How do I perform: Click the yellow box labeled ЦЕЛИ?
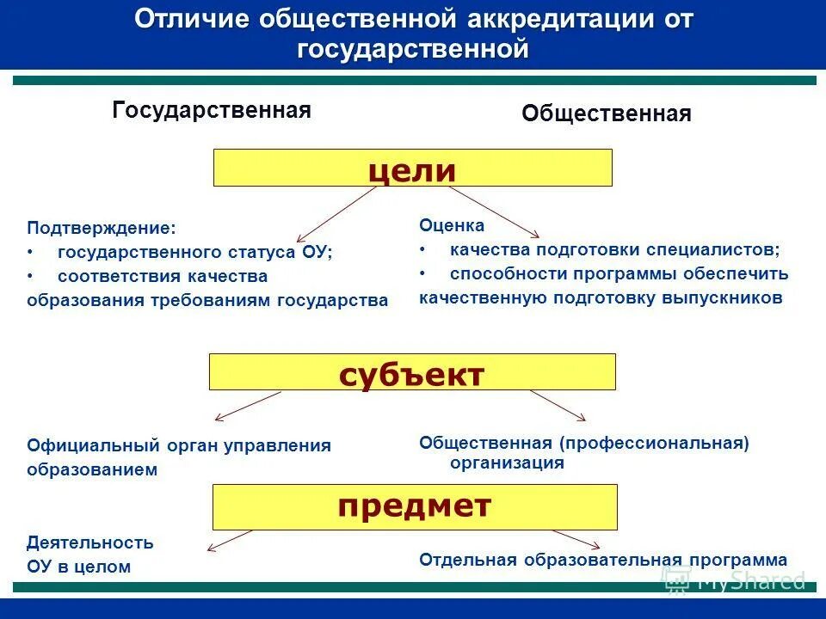(x=412, y=168)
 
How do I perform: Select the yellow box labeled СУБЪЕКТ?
(x=412, y=372)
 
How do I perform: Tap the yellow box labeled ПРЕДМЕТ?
(x=414, y=506)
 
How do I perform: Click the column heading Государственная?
(x=211, y=111)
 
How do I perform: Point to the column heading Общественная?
(x=606, y=114)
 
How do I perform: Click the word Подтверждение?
(x=101, y=229)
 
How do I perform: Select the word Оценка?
(x=452, y=225)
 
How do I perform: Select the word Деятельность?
(x=89, y=542)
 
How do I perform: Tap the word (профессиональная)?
(x=653, y=443)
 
